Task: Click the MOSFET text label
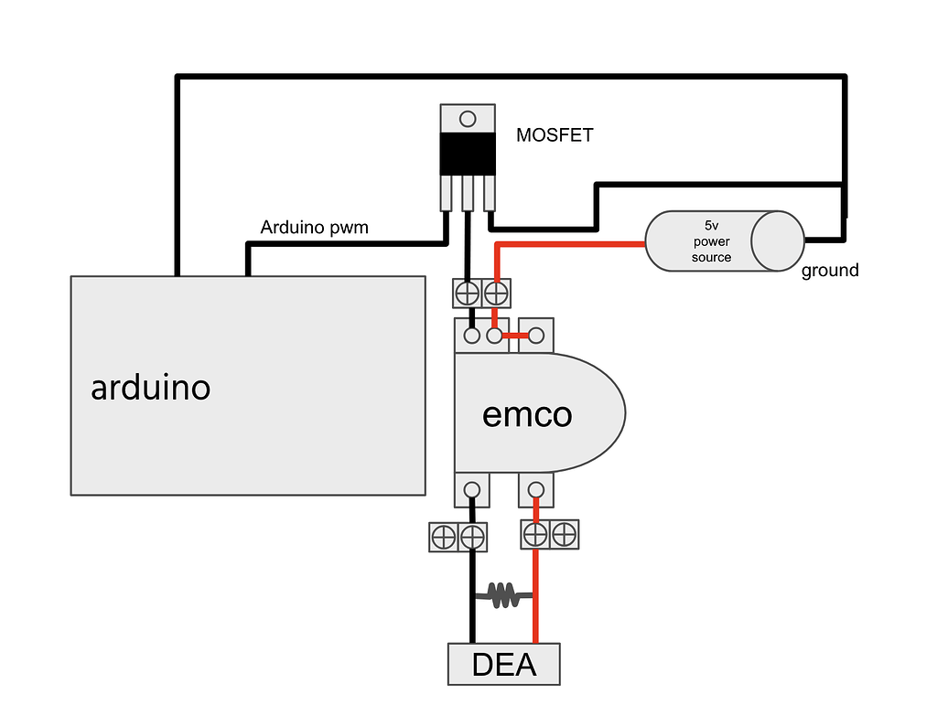[x=555, y=135]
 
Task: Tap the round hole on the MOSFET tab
[x=468, y=118]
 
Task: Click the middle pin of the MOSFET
[x=468, y=192]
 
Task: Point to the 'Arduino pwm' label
[x=314, y=227]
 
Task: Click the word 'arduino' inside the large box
[x=150, y=388]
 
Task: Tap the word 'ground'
[x=830, y=271]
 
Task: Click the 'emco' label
[x=527, y=415]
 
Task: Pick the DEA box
[x=503, y=665]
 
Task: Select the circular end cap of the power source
[x=778, y=240]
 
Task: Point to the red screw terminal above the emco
[x=496, y=294]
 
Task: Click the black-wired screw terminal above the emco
[x=468, y=294]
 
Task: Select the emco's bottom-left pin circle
[x=472, y=489]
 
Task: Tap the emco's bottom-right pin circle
[x=536, y=489]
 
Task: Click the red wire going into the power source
[x=586, y=244]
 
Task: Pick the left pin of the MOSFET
[x=446, y=192]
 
